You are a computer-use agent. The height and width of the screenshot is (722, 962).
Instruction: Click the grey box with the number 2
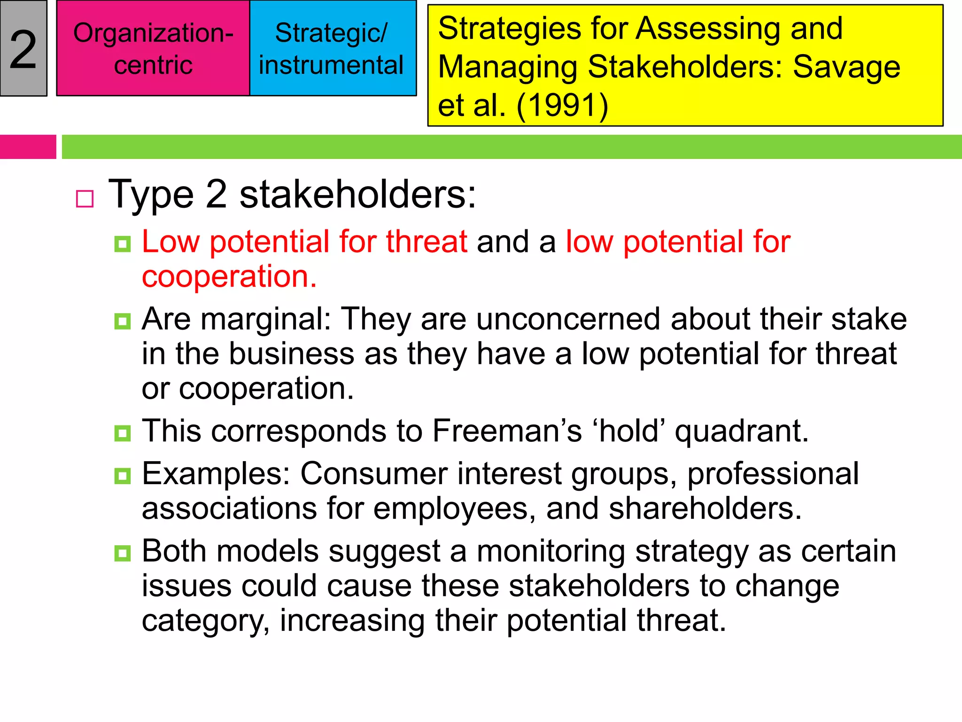coord(23,48)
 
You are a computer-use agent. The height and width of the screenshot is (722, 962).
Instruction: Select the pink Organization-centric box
coord(153,48)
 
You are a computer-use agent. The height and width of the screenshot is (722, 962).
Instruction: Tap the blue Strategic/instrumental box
coord(333,48)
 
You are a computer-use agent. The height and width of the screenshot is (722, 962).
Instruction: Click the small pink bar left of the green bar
coord(28,147)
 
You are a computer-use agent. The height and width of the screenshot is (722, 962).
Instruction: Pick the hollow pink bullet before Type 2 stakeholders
coord(85,199)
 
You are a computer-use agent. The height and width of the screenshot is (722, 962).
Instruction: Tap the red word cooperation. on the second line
coord(229,276)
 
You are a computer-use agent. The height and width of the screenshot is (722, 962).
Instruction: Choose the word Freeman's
coord(507,431)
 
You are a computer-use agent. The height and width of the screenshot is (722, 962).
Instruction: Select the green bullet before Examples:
coord(123,476)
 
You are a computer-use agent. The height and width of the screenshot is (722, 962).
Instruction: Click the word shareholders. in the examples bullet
coord(705,509)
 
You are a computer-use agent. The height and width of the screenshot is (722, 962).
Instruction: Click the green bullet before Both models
coord(123,553)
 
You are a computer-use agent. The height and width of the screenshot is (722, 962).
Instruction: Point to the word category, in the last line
coord(206,621)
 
